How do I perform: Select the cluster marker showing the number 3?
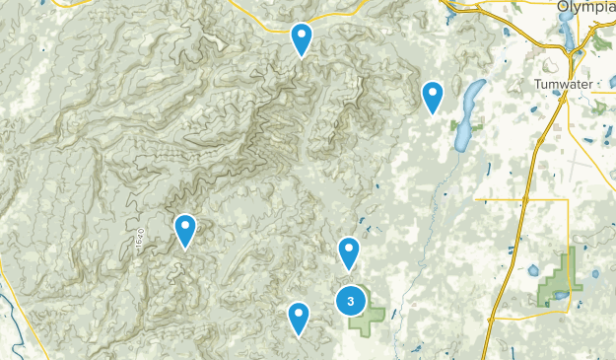pyautogui.click(x=351, y=301)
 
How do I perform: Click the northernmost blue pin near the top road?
pyautogui.click(x=302, y=39)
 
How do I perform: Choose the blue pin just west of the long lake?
pyautogui.click(x=432, y=97)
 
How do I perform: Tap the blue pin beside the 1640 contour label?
pyautogui.click(x=185, y=230)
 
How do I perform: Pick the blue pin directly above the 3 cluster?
pyautogui.click(x=349, y=252)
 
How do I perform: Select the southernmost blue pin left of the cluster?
pyautogui.click(x=299, y=318)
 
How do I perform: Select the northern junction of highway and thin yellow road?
pyautogui.click(x=525, y=199)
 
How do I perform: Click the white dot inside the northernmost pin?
pyautogui.click(x=302, y=36)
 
